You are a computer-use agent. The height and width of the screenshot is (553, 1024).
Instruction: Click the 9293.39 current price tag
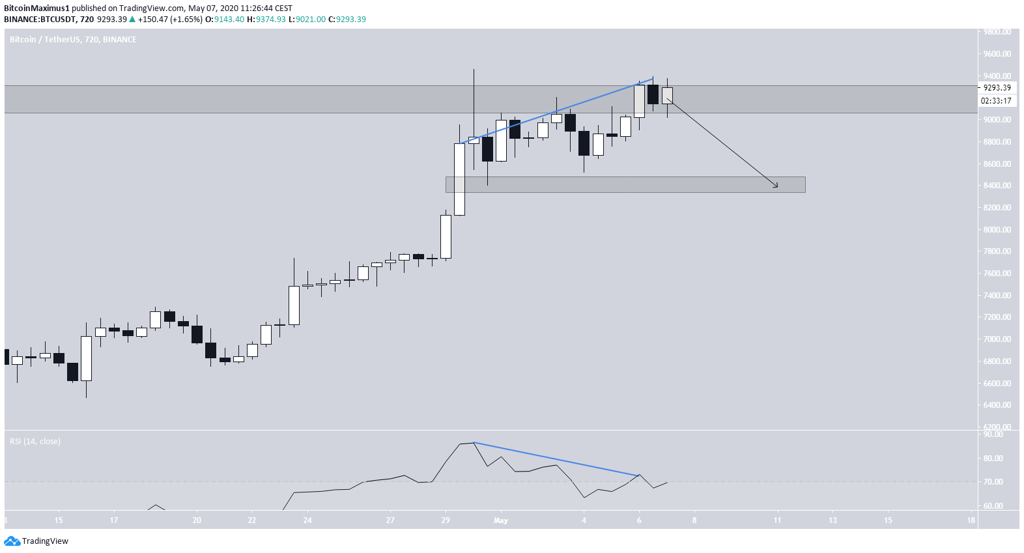click(x=997, y=88)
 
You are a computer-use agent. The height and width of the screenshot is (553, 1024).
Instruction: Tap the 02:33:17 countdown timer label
click(x=997, y=101)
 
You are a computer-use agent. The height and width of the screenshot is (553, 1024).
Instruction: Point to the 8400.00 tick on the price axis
click(x=997, y=186)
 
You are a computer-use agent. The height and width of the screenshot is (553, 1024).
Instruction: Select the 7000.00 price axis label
click(x=997, y=339)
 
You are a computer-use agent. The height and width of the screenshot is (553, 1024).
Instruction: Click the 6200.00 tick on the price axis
click(x=997, y=427)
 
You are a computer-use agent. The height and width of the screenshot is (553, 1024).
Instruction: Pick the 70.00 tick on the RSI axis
click(x=993, y=482)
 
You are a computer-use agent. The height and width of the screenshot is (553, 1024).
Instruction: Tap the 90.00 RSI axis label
click(x=993, y=434)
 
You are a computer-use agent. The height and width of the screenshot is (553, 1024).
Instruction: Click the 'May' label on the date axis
click(x=500, y=520)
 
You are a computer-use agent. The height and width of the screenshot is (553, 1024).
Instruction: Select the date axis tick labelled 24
click(x=307, y=520)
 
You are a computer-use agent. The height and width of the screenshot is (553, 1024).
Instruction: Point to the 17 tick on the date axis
click(x=114, y=520)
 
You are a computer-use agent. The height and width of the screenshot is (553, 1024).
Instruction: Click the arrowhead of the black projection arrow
click(x=776, y=187)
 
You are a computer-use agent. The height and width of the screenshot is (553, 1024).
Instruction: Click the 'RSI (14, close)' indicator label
click(x=35, y=442)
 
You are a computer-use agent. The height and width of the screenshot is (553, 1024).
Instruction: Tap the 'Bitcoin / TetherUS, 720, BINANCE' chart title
click(x=73, y=40)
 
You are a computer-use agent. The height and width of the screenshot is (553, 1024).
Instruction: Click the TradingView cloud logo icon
click(x=12, y=541)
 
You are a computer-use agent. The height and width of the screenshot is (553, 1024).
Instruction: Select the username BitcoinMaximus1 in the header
click(x=36, y=8)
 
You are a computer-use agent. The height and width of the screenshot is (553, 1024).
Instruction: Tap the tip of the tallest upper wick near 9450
click(x=474, y=69)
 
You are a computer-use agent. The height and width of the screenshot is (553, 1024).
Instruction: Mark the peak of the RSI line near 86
click(x=474, y=443)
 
